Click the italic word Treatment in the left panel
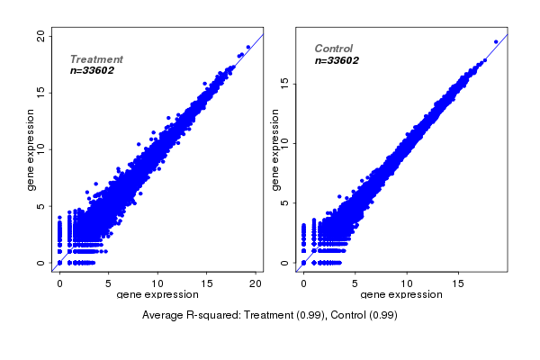click(x=96, y=59)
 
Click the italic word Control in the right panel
click(x=333, y=49)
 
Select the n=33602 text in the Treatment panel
click(x=92, y=70)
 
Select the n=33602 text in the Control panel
click(x=337, y=61)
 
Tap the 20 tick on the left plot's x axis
click(x=256, y=283)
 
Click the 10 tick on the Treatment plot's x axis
click(x=157, y=283)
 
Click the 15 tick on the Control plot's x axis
click(x=458, y=283)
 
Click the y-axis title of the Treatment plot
click(x=31, y=149)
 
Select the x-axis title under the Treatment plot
click(x=157, y=295)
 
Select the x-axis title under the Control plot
click(x=401, y=295)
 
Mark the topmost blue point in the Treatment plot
click(x=247, y=47)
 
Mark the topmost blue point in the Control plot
click(x=495, y=41)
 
